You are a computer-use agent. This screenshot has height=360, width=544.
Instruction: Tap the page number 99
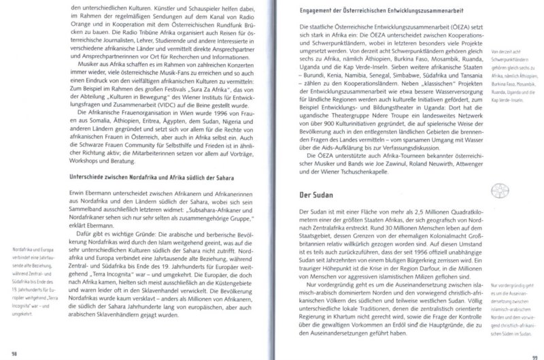(534, 351)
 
